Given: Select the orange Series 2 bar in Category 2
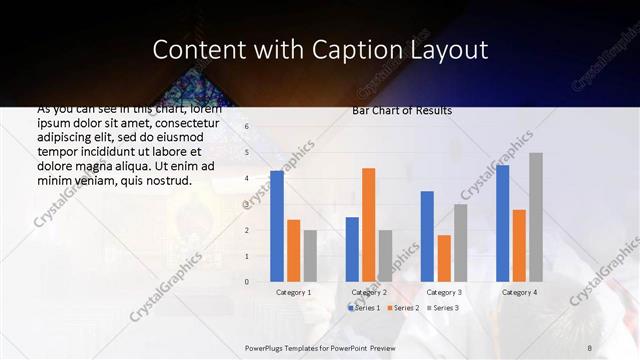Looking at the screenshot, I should [368, 225].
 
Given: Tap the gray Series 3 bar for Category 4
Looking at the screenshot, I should [536, 217].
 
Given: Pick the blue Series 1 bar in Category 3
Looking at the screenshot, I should [427, 236].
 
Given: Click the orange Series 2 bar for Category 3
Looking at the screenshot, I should [443, 258].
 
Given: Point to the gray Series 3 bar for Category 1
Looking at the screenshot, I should [310, 256].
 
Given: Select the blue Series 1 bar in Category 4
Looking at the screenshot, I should [503, 223].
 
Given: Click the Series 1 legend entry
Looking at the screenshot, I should [366, 308].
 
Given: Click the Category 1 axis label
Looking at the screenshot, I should [293, 292].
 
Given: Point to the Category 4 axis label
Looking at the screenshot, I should [519, 292].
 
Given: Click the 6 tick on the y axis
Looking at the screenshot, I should [247, 127].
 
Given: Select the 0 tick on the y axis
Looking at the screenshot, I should [247, 282].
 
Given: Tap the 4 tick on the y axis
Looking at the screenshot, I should [247, 179].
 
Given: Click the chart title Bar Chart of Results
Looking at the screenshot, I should [402, 111].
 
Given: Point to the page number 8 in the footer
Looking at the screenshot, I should [589, 347].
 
